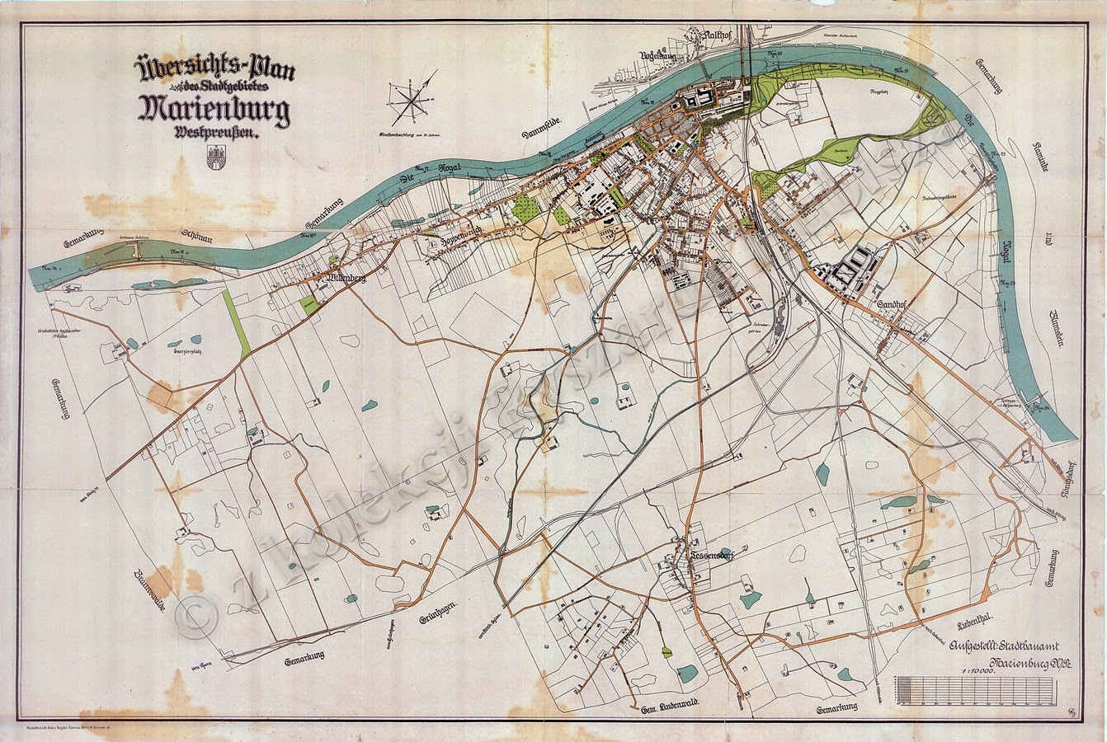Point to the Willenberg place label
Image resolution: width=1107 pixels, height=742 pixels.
[346, 279]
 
